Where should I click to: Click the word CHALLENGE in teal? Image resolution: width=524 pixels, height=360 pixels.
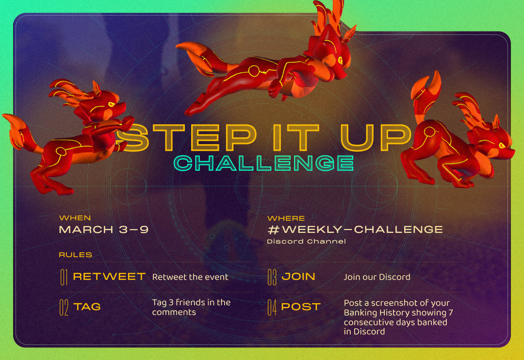click(x=263, y=163)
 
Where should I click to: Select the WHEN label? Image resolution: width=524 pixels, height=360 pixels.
click(x=75, y=218)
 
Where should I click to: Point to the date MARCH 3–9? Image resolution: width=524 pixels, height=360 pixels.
click(x=104, y=229)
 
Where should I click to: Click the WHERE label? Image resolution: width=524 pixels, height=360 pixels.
click(x=286, y=218)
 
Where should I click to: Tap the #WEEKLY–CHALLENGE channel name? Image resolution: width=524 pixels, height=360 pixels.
click(x=355, y=229)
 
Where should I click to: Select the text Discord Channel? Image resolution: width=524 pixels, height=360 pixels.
click(x=307, y=241)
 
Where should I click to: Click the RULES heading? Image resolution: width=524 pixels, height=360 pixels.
click(x=76, y=255)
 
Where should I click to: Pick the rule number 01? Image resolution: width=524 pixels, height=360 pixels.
click(x=64, y=277)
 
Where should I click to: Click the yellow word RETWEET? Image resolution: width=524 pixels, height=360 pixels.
click(x=109, y=277)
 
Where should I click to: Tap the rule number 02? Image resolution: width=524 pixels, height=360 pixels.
click(x=64, y=307)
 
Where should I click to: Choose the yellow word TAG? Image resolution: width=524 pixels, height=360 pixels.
click(x=87, y=307)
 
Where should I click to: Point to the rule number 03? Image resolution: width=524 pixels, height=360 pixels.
click(x=272, y=277)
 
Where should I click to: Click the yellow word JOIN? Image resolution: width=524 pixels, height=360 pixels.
click(x=298, y=277)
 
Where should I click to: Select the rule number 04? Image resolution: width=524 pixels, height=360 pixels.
click(x=272, y=307)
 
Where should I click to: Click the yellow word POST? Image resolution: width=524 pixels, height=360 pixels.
click(x=301, y=307)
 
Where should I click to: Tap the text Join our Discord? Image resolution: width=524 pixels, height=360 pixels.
click(x=377, y=277)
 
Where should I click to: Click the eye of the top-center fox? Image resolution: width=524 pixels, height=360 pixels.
click(x=341, y=61)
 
